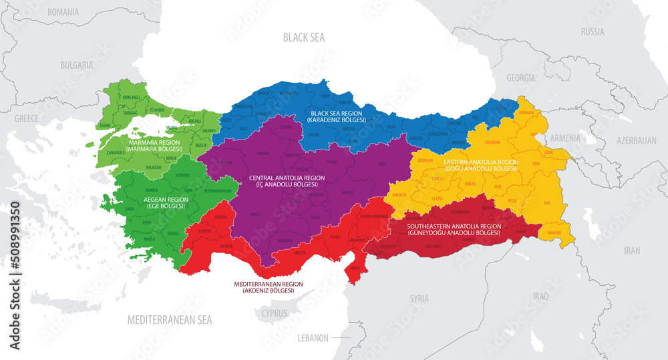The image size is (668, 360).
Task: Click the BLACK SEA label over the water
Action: tap(303, 37)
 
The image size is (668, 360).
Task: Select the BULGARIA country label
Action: tap(77, 65)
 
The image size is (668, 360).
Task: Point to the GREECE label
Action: tap(27, 118)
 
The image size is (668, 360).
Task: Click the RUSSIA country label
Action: tap(592, 31)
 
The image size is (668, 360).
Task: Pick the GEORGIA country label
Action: tap(520, 78)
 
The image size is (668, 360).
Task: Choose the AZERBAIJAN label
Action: tap(637, 141)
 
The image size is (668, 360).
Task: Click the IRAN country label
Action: tap(631, 250)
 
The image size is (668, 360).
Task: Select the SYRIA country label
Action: tap(419, 298)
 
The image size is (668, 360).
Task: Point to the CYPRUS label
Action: tap(275, 313)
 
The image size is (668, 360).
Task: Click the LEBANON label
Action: tap(313, 338)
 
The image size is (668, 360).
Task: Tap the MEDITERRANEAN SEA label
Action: tap(170, 320)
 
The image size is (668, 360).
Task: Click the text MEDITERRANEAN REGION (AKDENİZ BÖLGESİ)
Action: tap(268, 288)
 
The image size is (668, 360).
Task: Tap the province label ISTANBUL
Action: tap(157, 109)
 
